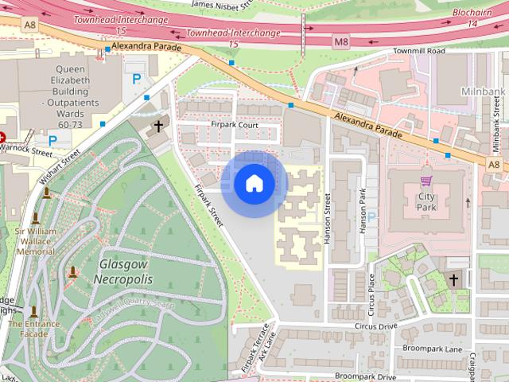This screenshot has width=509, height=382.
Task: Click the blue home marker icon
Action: pos(254,184)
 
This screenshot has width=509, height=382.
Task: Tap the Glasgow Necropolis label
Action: pos(123,271)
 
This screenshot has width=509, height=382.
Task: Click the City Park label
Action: pos(426,201)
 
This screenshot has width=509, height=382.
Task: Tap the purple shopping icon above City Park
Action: pos(426,181)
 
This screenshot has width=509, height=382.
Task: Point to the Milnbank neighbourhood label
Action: pos(482,92)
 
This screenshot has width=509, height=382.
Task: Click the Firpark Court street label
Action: pos(235,125)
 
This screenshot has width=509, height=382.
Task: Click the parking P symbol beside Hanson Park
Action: pos(371,216)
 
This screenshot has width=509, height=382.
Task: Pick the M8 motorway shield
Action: pos(341,41)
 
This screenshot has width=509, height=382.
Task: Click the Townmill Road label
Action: pos(418,51)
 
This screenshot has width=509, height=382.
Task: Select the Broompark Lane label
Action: pos(432,349)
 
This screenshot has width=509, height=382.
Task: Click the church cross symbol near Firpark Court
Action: pos(158,126)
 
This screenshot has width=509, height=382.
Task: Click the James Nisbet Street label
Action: pos(223,5)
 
